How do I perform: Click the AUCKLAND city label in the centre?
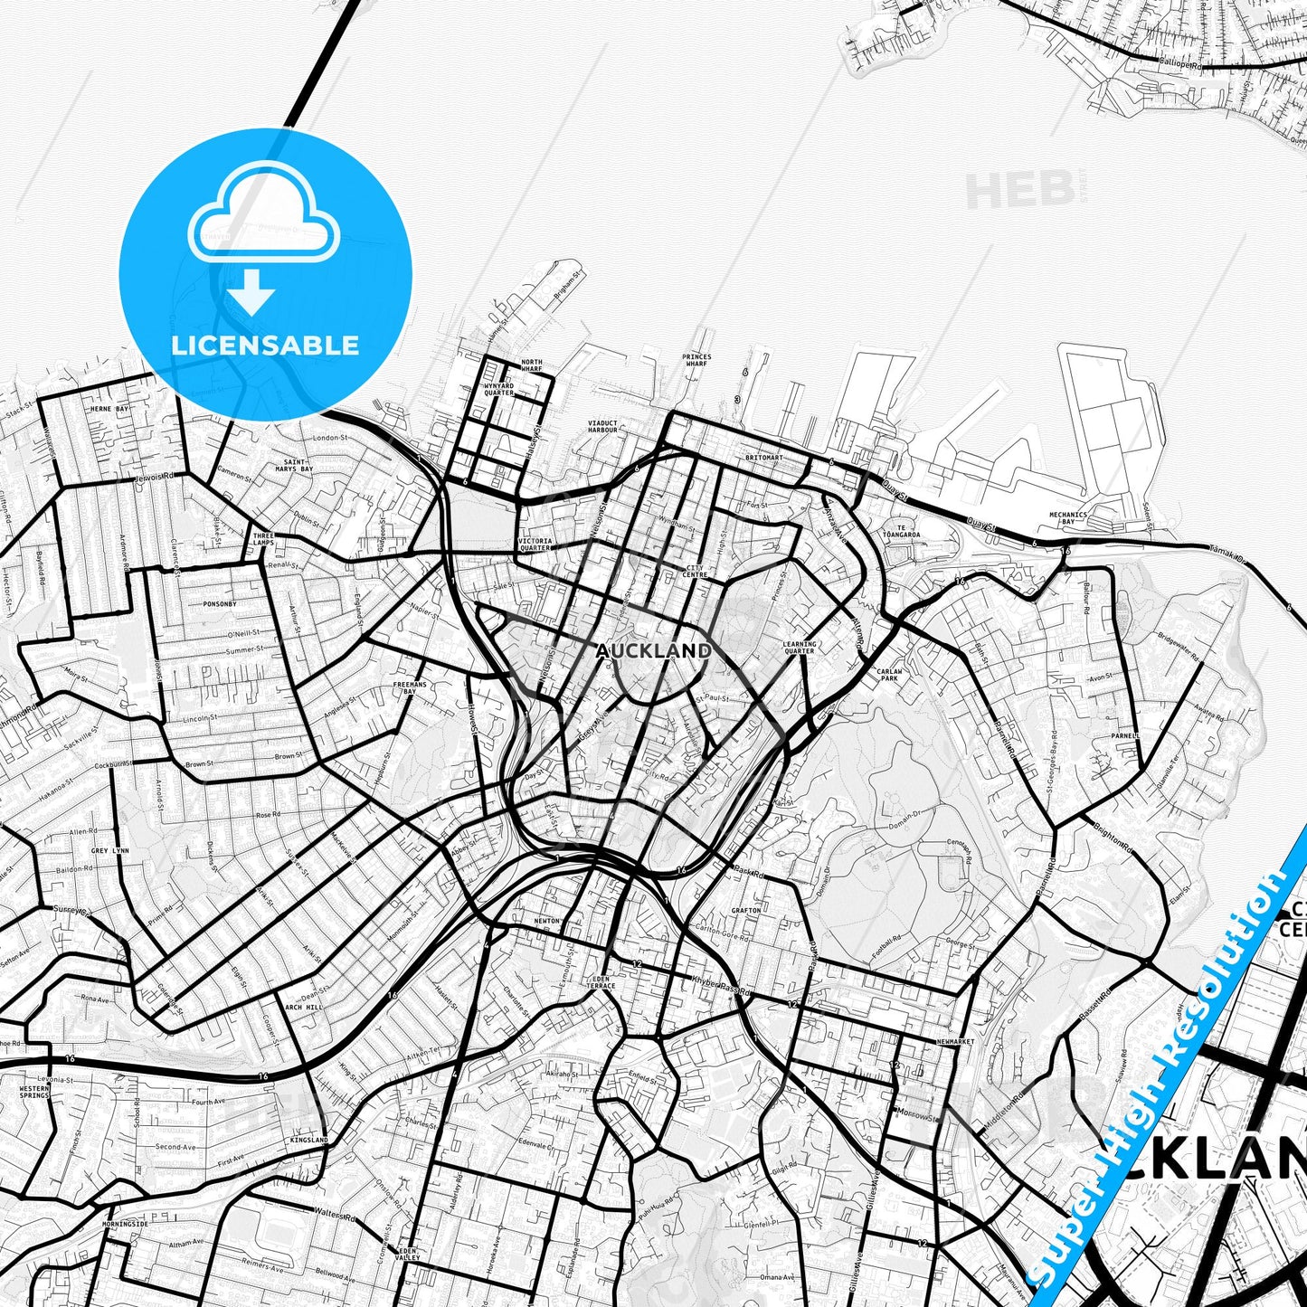[x=653, y=650]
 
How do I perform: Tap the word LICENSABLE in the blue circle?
[x=265, y=346]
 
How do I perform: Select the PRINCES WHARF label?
[x=696, y=360]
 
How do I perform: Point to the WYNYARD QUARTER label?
[x=498, y=390]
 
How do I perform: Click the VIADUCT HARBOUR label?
[x=602, y=426]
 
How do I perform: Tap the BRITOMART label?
[x=763, y=458]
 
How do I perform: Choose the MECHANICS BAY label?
[x=1068, y=518]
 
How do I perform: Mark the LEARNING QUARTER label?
[x=800, y=648]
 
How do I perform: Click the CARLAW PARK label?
[x=889, y=675]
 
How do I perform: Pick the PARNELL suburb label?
[x=1125, y=736]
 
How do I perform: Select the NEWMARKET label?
[x=955, y=1042]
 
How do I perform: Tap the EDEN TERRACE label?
[x=601, y=982]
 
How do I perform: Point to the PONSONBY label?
[x=220, y=603]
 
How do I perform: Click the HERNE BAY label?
[x=109, y=410]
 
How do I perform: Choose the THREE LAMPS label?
[x=263, y=539]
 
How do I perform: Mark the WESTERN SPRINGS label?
[x=34, y=1092]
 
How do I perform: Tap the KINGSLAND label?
[x=309, y=1141]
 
